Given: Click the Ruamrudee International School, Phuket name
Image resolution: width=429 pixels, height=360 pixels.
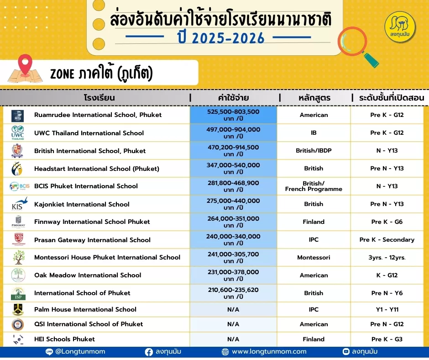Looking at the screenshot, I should tap(98, 115).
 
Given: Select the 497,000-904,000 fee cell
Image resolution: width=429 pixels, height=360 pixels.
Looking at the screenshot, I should tap(233, 132).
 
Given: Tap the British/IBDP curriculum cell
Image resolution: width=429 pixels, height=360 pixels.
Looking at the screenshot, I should tap(314, 150).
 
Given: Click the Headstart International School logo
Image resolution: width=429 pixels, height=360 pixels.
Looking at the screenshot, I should tap(17, 169).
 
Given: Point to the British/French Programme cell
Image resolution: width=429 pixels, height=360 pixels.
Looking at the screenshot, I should tap(314, 186).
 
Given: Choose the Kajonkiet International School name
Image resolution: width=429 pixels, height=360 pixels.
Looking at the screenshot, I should tap(82, 204).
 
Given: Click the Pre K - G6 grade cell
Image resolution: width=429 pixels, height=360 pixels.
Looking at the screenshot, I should tap(387, 222).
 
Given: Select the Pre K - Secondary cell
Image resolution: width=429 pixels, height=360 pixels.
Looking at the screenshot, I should tap(387, 239).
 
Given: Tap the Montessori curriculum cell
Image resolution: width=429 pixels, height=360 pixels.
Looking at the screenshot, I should tap(314, 257).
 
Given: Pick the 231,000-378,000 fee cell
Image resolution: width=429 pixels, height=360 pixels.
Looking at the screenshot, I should tap(233, 275).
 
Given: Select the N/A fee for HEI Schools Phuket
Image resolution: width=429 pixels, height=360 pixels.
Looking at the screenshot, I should tap(233, 339).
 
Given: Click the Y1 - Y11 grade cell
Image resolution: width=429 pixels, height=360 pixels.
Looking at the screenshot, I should tap(387, 309).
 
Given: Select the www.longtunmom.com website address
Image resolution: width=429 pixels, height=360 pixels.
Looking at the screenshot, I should tap(269, 352).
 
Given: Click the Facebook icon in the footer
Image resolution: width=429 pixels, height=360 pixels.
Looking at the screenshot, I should tap(149, 352).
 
